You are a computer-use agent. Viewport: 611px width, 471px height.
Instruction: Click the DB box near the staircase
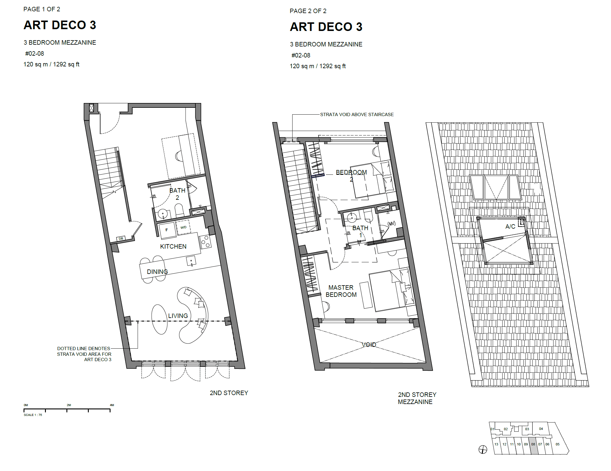point(121,238)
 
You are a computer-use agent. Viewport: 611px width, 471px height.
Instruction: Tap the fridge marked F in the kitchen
point(167,230)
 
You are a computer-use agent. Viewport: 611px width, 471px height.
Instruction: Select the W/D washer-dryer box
point(183,227)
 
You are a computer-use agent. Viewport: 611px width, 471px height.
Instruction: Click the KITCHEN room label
point(173,247)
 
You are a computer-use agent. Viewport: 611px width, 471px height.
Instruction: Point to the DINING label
point(157,272)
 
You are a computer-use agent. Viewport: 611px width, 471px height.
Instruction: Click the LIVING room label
point(178,316)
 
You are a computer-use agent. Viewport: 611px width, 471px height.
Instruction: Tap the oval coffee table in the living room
point(159,319)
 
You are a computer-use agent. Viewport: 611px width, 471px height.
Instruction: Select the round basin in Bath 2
point(163,214)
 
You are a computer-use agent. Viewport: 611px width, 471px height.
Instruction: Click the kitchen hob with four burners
point(205,242)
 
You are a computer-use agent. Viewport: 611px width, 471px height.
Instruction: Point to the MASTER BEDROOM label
point(341,291)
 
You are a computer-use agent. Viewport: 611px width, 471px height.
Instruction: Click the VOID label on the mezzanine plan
point(369,345)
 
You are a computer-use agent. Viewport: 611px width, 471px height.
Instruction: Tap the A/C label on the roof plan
point(510,227)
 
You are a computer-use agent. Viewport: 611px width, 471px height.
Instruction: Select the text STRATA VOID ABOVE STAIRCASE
point(357,115)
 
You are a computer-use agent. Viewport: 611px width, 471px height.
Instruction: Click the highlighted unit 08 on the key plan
point(533,446)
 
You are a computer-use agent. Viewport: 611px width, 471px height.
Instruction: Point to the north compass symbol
point(483,450)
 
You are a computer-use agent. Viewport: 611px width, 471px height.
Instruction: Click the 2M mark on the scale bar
point(69,405)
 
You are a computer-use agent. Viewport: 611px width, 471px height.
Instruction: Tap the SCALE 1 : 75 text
point(33,415)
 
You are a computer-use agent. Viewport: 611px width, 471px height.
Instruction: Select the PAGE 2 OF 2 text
point(308,11)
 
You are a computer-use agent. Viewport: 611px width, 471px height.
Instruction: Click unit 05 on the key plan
point(558,444)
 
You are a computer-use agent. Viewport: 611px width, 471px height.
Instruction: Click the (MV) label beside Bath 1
point(391,224)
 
